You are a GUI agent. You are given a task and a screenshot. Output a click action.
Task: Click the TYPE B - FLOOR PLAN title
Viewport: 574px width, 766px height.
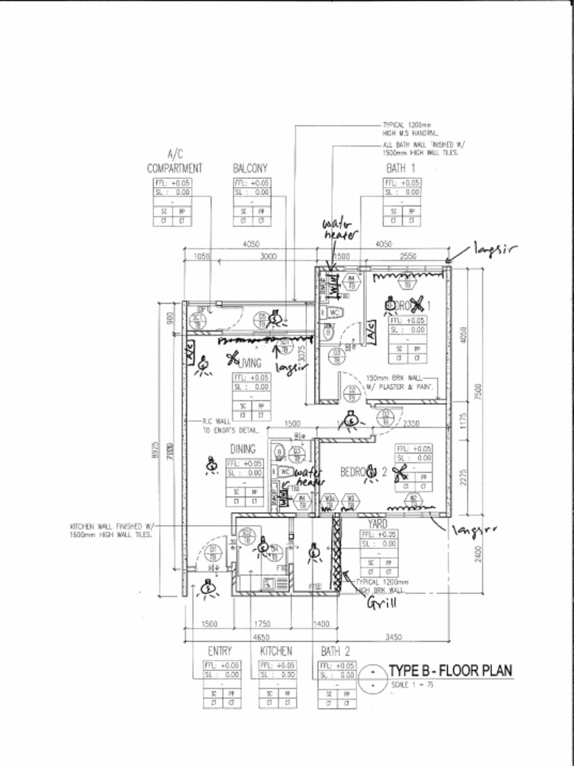click(x=450, y=670)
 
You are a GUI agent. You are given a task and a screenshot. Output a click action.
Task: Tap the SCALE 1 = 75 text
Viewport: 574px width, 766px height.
click(x=411, y=685)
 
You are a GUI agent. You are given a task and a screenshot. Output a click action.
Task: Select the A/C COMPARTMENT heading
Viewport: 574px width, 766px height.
click(x=174, y=162)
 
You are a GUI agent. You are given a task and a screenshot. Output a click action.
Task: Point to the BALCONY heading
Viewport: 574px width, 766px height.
click(x=250, y=169)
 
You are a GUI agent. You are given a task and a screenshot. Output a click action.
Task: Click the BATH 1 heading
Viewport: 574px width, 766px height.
click(x=401, y=168)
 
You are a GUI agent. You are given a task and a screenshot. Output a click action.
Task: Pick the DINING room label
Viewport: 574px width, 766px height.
click(x=243, y=449)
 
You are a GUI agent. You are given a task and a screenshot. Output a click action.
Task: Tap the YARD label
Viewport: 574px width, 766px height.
click(x=377, y=524)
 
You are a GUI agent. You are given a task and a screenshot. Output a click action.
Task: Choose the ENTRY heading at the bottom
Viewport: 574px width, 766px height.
click(x=219, y=652)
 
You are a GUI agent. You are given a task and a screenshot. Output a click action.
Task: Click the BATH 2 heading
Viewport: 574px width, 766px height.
click(x=336, y=652)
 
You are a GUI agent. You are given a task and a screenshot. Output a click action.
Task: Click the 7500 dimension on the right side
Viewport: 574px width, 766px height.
click(x=478, y=390)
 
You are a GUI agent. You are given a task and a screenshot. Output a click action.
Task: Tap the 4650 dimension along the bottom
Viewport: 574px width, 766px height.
click(x=259, y=637)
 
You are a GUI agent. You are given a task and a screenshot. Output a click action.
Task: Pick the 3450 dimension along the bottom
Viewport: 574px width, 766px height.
click(x=392, y=637)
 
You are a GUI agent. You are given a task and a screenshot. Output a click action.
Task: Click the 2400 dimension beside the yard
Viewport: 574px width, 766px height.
click(x=478, y=552)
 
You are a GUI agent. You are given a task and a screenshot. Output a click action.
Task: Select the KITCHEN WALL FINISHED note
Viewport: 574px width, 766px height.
click(x=112, y=530)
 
